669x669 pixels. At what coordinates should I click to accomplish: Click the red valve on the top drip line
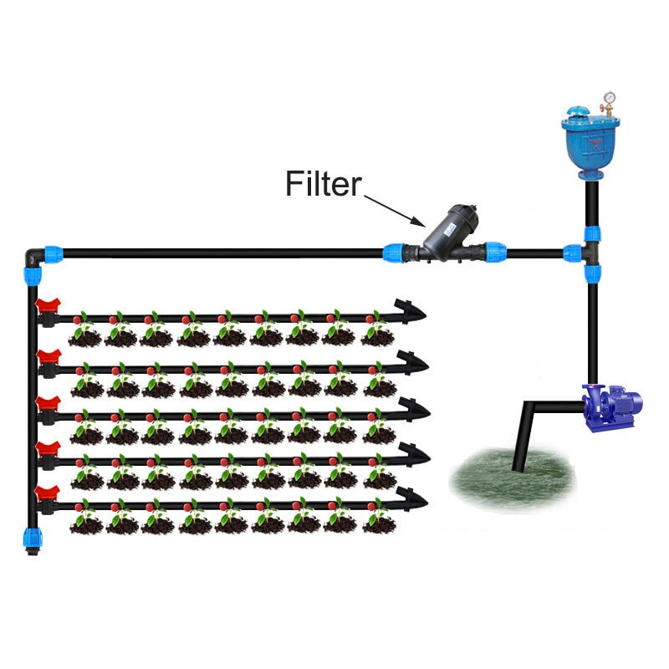click(x=48, y=308)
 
